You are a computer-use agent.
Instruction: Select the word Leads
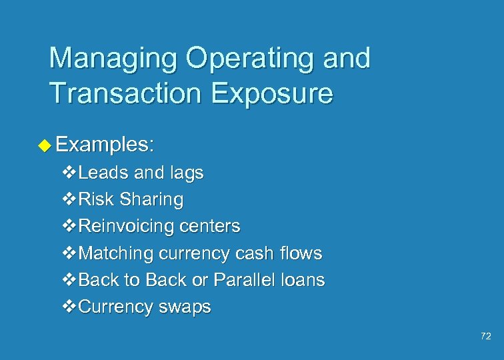[x=103, y=173]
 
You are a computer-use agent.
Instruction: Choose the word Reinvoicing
[x=127, y=227]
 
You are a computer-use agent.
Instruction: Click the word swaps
[x=185, y=307]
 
